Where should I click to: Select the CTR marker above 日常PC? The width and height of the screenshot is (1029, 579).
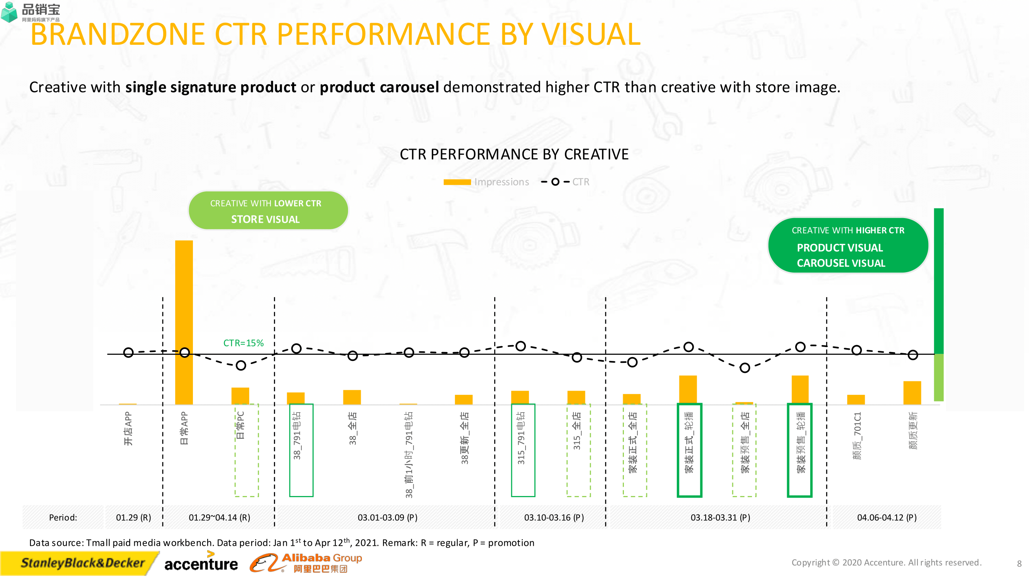coord(241,365)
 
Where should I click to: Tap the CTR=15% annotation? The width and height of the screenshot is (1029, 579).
coord(243,343)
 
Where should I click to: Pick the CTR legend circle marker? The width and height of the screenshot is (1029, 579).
coord(555,182)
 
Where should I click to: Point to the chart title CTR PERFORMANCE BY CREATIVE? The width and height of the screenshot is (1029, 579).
coord(514,154)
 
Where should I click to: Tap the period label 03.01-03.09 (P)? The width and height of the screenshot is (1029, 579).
coord(387,518)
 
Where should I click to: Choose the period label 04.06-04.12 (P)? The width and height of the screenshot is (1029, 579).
coord(886,518)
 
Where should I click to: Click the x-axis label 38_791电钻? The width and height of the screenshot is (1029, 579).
coord(297,435)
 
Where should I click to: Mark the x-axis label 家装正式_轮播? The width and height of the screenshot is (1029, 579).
coord(689,442)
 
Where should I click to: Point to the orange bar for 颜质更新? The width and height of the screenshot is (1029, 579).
coord(912,393)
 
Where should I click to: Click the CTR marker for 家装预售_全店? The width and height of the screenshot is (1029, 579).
coord(745,367)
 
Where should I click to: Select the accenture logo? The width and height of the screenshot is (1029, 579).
coord(201,563)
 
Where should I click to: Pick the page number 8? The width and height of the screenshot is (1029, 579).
coord(1019,564)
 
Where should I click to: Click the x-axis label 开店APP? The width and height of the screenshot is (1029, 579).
coord(128,428)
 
